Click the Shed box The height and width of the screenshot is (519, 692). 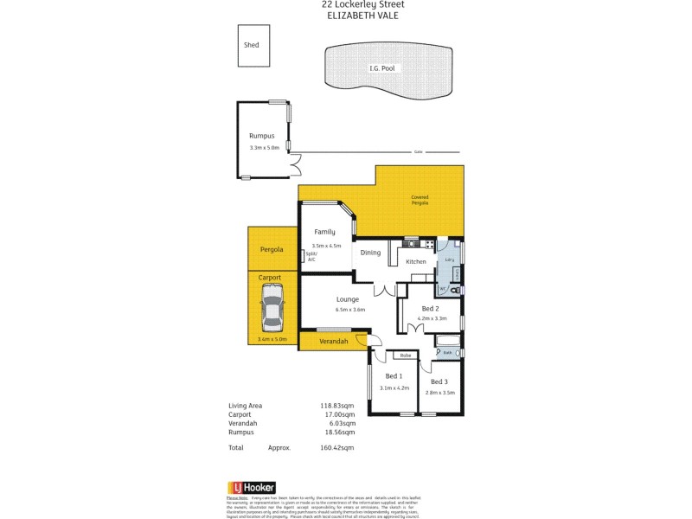(x=251, y=45)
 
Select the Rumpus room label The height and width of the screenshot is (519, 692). (x=262, y=137)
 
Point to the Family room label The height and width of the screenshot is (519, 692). (x=324, y=232)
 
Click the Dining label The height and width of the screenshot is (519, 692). (x=370, y=253)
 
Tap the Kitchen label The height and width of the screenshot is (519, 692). (x=416, y=261)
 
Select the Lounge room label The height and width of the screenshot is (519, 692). (x=348, y=299)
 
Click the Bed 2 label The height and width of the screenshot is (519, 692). (x=431, y=309)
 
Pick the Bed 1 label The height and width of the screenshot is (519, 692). (x=393, y=375)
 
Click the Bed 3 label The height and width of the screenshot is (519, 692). (x=439, y=381)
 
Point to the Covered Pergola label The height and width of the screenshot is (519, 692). (x=420, y=200)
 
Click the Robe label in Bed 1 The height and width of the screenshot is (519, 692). (x=404, y=356)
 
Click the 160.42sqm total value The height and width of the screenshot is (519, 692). (x=337, y=448)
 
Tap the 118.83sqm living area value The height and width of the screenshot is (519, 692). (x=337, y=406)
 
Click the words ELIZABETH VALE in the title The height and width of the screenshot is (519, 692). (x=362, y=15)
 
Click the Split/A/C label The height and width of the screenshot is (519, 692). (x=311, y=256)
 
